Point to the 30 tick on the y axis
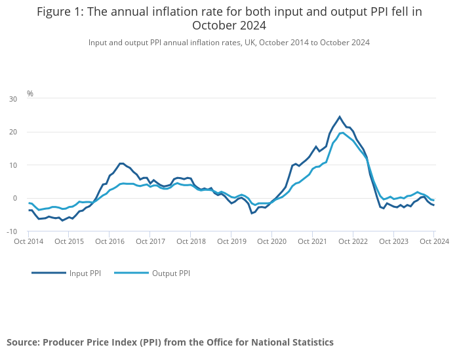click(x=13, y=99)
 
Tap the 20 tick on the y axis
click(x=13, y=132)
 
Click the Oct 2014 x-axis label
click(x=29, y=241)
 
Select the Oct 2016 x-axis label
click(x=110, y=241)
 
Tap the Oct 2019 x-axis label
click(x=231, y=241)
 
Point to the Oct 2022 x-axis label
click(x=353, y=241)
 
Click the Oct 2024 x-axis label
click(x=434, y=241)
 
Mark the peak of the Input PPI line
click(x=340, y=117)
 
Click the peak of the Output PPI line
click(x=343, y=132)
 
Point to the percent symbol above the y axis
click(x=30, y=94)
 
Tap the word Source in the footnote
click(x=22, y=342)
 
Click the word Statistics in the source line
click(x=310, y=342)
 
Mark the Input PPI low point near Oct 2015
click(x=63, y=220)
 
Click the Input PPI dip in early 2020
click(x=252, y=213)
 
